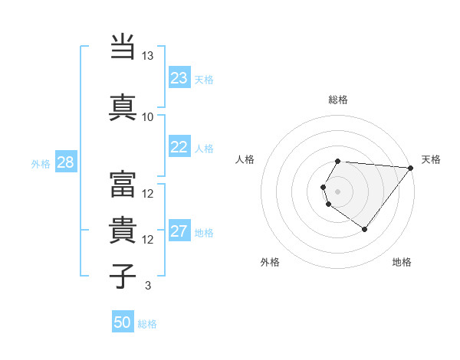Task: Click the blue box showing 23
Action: tap(179, 78)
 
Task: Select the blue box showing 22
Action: tap(179, 147)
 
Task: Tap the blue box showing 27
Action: tap(179, 231)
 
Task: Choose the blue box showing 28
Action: tap(65, 162)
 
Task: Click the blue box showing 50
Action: tap(123, 322)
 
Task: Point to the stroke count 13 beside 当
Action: tap(147, 57)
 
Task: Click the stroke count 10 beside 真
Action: tap(147, 117)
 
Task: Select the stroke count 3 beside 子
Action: tap(147, 286)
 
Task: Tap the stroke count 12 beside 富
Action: tap(148, 194)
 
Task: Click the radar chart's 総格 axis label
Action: tap(338, 100)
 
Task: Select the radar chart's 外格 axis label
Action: tap(270, 263)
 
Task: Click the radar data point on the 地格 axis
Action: tap(364, 229)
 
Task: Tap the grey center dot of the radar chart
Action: tap(338, 191)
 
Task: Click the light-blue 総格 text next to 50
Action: tap(147, 324)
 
